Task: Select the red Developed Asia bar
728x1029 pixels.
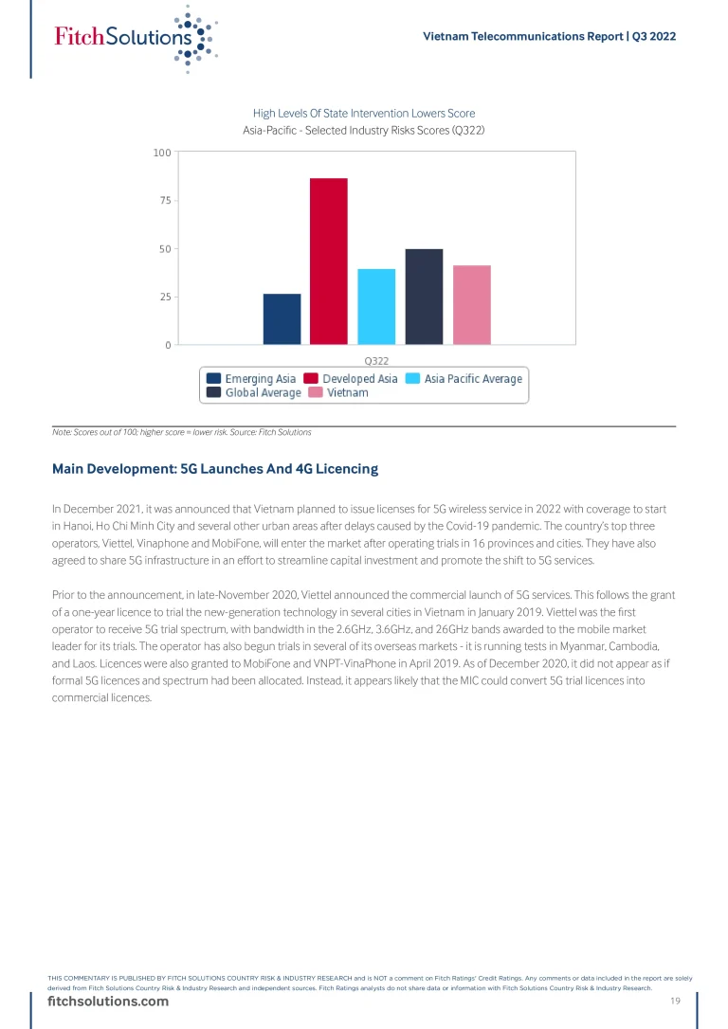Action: [x=329, y=261]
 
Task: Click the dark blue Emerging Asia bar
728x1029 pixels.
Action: [x=282, y=319]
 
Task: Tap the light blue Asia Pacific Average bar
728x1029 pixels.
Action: [x=376, y=306]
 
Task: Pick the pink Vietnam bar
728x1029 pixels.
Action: [x=471, y=304]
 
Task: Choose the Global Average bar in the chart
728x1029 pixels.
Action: [x=424, y=297]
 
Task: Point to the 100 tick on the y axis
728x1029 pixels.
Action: [x=161, y=153]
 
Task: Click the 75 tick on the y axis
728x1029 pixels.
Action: [x=164, y=201]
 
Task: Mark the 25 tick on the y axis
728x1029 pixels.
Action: [x=164, y=298]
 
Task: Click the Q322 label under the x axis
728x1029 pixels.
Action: [x=376, y=360]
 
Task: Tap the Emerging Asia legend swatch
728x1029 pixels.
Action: [x=214, y=379]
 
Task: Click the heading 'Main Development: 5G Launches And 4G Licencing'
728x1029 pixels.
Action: [x=215, y=469]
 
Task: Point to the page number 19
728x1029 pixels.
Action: [x=676, y=1002]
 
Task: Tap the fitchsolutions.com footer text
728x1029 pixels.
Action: [x=108, y=1002]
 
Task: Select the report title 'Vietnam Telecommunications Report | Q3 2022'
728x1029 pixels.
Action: [x=548, y=36]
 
